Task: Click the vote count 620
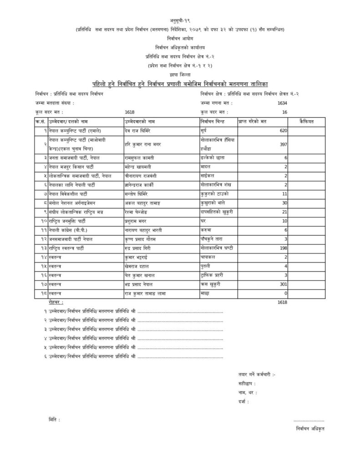pos(283,131)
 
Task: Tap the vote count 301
pos(283,284)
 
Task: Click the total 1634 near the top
pos(282,103)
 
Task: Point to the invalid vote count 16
pos(284,112)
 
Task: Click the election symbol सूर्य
pos(203,131)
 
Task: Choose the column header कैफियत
pos(306,122)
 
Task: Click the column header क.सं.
pos(41,122)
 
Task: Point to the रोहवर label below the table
pos(55,302)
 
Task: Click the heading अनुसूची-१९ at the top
pos(180,21)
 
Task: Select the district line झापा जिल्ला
pos(180,74)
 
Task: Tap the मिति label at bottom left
pos(53,419)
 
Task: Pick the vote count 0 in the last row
pos(285,294)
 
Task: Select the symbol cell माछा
pos(204,294)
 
